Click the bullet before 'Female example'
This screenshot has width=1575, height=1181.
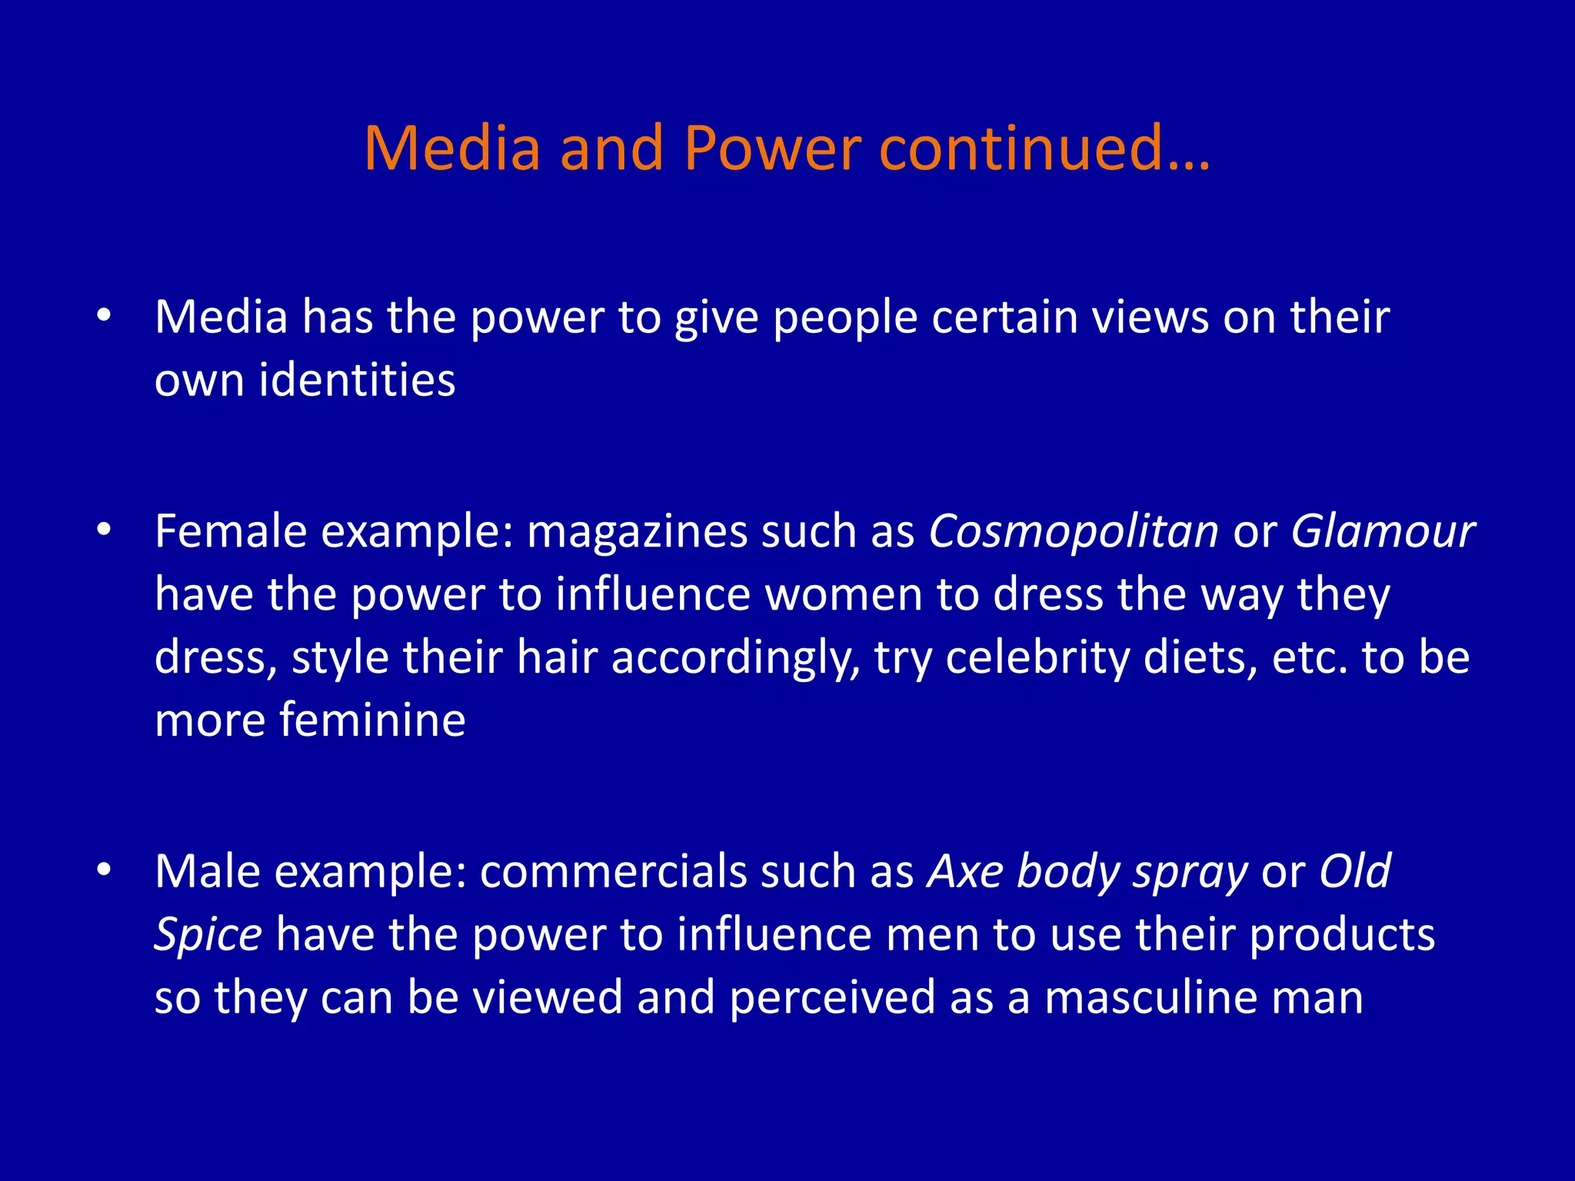105,530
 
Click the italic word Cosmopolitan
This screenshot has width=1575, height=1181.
1074,532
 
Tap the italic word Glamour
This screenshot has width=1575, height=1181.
1382,532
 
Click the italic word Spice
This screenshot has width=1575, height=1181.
208,936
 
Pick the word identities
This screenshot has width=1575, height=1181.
357,380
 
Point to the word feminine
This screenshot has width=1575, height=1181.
372,720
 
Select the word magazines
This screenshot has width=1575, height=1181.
637,532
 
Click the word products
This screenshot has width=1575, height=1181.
1342,936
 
